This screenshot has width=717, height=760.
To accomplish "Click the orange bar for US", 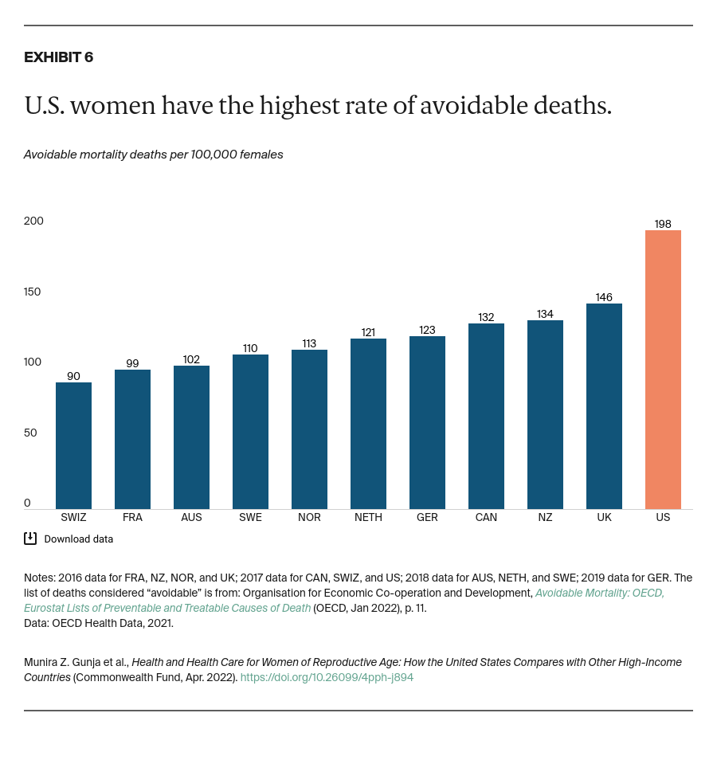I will tap(663, 370).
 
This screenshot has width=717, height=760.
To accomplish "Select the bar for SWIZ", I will tap(73, 445).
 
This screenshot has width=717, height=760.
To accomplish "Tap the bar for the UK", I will tap(604, 406).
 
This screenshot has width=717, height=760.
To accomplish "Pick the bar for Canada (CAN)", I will tap(486, 416).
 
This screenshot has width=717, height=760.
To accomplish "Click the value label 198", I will tap(663, 224).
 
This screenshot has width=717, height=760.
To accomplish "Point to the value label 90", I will tap(73, 376).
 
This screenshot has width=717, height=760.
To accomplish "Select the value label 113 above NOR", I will tap(309, 343).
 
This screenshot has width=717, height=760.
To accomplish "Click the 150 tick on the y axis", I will tap(33, 292).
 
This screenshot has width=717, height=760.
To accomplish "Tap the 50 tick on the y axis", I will tap(30, 433).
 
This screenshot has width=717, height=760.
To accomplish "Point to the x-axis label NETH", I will tap(368, 517).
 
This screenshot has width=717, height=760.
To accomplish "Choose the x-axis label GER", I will tap(427, 517).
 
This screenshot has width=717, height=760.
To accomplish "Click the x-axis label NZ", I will tap(545, 517).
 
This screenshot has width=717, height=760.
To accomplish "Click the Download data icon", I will tap(30, 539).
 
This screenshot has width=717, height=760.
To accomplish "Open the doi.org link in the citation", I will tap(327, 677).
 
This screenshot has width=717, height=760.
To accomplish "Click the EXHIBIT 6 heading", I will tap(58, 57).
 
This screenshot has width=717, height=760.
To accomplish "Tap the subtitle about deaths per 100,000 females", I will tap(153, 155).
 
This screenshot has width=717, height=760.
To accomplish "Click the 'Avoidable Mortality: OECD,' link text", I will tap(599, 593).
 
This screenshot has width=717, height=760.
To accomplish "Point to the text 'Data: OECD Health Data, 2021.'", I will tap(99, 623).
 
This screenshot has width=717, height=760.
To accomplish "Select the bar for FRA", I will tap(132, 439).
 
